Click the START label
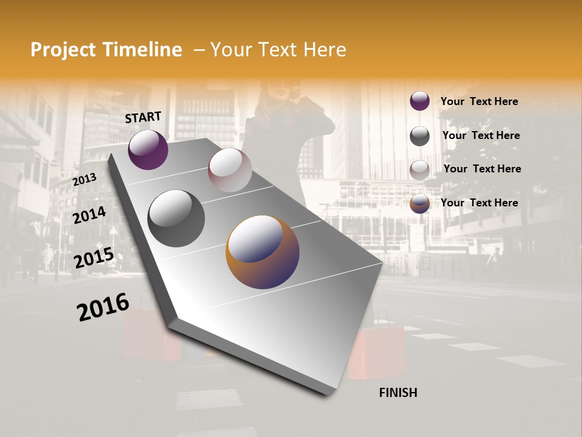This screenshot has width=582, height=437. point(143,117)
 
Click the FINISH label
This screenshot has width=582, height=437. point(398,393)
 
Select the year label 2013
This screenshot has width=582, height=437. point(85,180)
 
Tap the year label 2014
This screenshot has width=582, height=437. point(90,215)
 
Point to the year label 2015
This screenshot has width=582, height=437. point(94,258)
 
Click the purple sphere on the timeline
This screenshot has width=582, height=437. point(148,149)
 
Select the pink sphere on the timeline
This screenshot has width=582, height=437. point(230,169)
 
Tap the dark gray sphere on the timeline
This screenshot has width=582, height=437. point(176,218)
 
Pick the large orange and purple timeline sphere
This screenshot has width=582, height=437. point(263,252)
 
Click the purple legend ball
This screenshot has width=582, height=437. point(420,101)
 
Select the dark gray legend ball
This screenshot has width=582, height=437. point(420,136)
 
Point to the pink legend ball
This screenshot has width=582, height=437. point(420,170)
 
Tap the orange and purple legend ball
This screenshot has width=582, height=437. point(420,204)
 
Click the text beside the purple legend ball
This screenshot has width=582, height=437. point(480,101)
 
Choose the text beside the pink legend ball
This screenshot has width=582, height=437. point(483,169)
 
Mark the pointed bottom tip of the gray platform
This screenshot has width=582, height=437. point(328,393)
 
